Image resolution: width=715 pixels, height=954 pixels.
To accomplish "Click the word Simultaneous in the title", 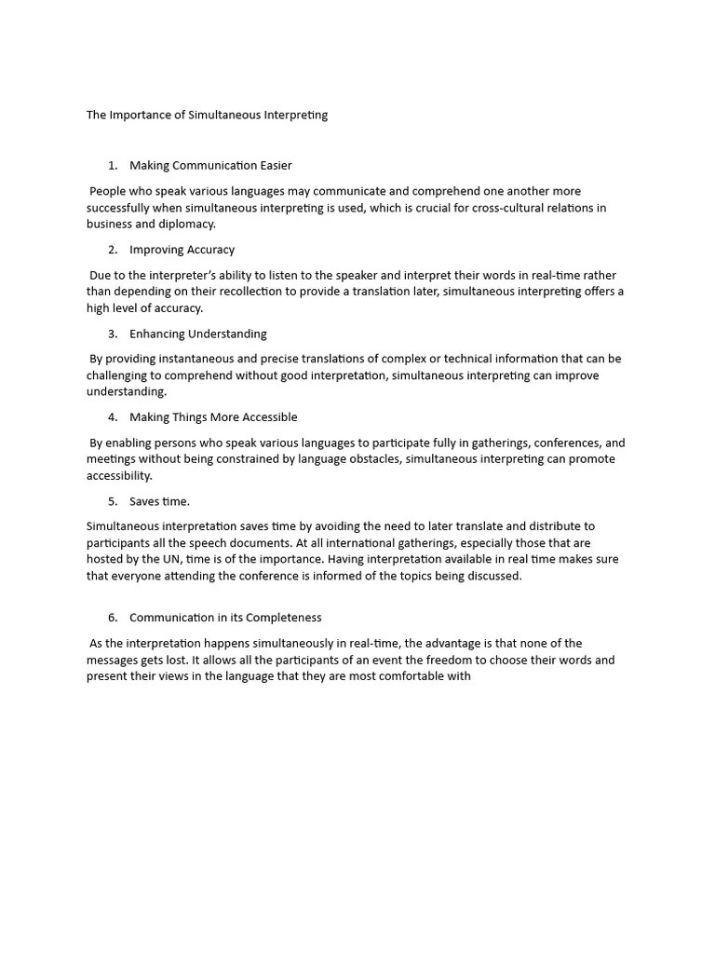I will (x=223, y=116).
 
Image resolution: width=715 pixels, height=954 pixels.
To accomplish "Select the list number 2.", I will (x=113, y=250).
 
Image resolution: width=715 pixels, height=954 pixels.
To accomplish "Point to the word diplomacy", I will (x=188, y=225).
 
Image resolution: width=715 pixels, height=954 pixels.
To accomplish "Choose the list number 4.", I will (x=113, y=417).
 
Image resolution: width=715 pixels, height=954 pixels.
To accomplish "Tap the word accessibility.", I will (x=118, y=476).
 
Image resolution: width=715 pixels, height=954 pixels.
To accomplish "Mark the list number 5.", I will (x=113, y=501).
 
